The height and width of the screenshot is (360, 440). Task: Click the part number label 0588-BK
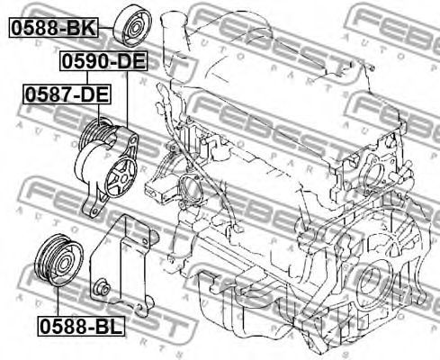(54, 28)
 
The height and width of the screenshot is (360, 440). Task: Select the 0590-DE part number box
(103, 61)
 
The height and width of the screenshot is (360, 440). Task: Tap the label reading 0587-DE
(67, 94)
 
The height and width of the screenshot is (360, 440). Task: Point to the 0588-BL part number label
(81, 327)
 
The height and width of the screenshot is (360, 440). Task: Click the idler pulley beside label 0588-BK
(132, 27)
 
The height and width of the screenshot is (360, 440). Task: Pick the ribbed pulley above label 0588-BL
(59, 260)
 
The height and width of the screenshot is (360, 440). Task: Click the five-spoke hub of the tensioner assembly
(121, 178)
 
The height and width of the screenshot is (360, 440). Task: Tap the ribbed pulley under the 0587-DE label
(95, 132)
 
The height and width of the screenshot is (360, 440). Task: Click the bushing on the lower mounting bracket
(103, 289)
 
